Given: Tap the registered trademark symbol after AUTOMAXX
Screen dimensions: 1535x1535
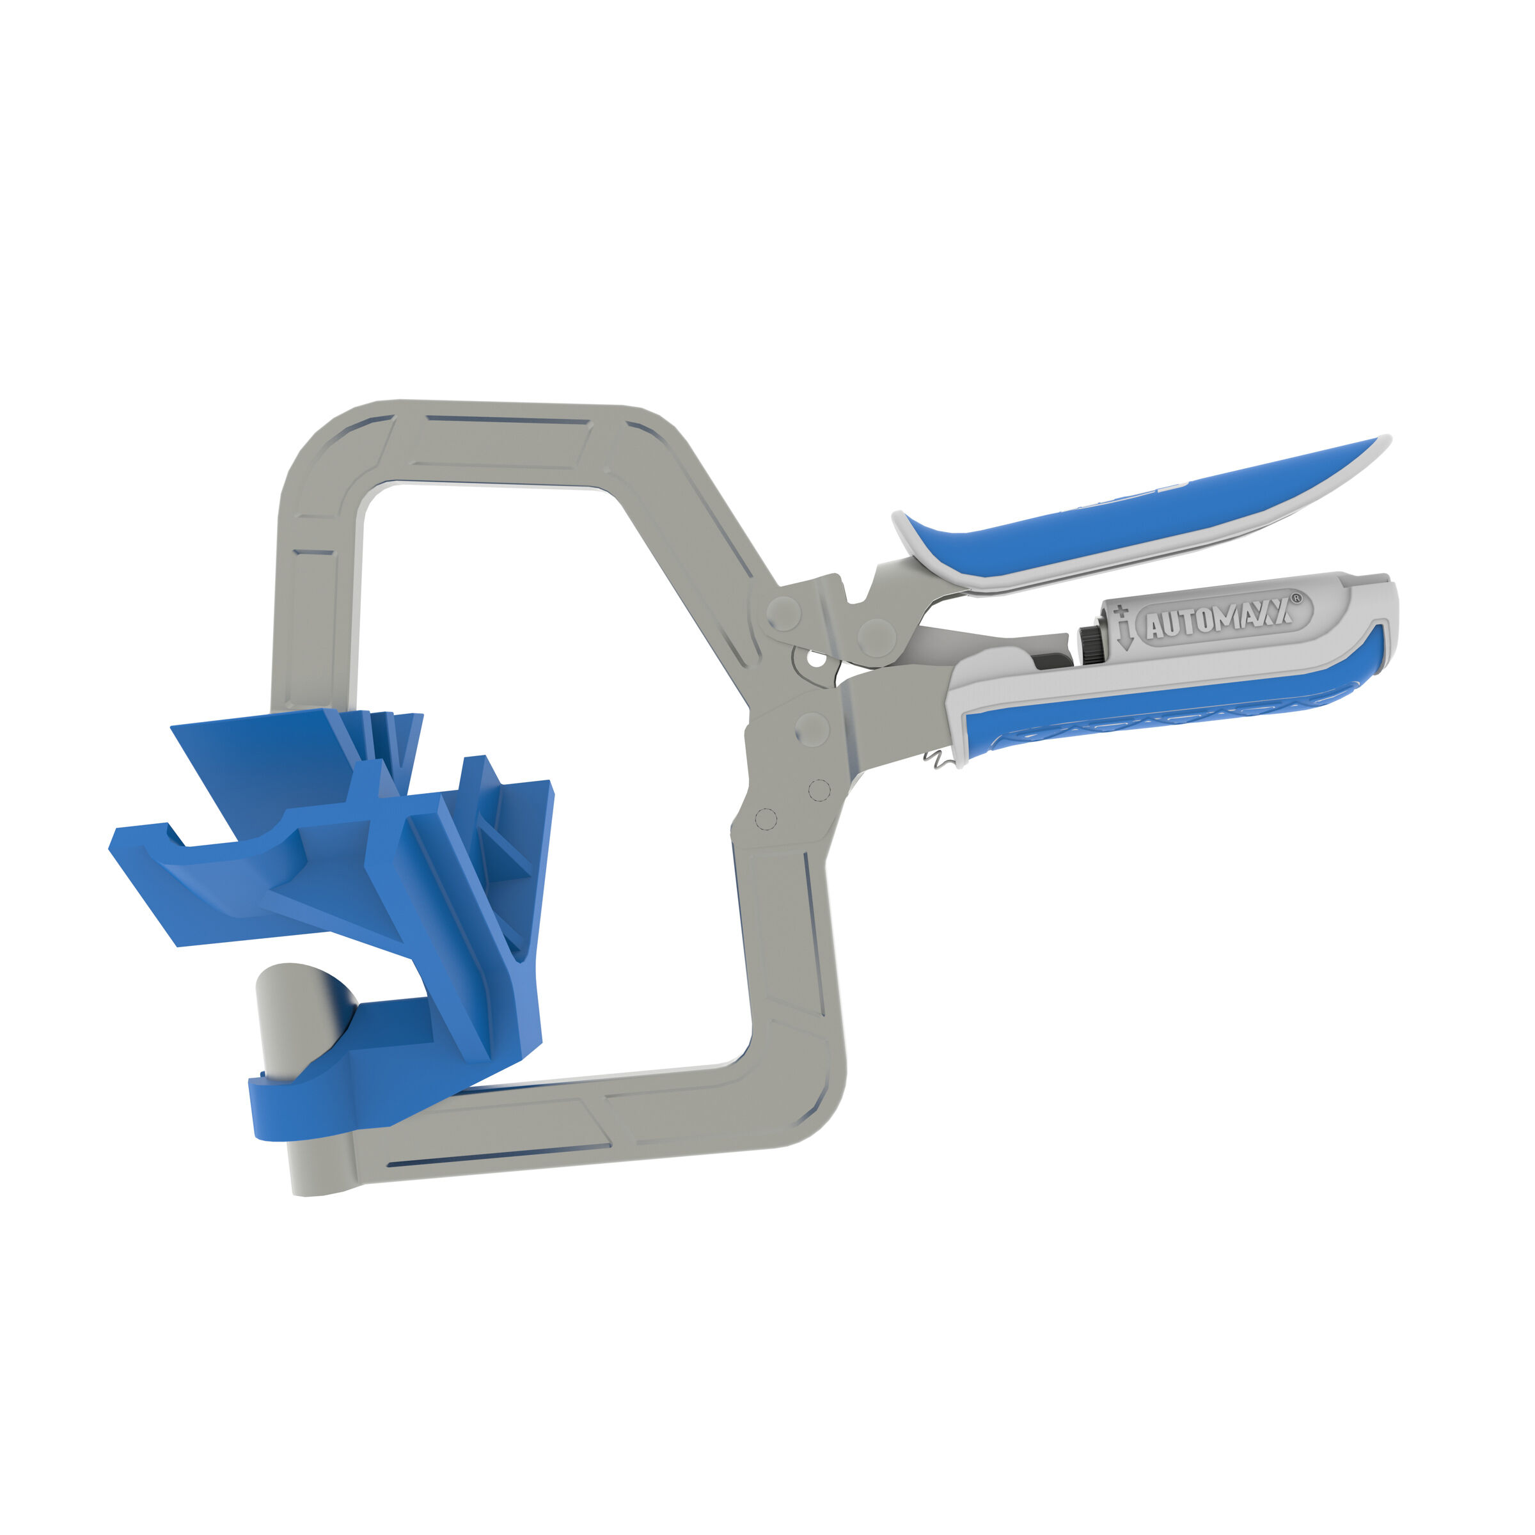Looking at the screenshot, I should point(1296,598).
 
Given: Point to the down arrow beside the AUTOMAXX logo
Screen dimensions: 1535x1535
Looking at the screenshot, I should point(1124,636).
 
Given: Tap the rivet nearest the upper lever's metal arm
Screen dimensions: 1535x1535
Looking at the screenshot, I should point(876,636).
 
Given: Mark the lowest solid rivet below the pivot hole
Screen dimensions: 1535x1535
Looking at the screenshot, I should point(811,728).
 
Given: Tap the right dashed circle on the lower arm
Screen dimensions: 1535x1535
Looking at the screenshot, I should point(819,790).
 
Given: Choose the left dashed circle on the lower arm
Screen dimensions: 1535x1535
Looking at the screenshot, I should point(765,819).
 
